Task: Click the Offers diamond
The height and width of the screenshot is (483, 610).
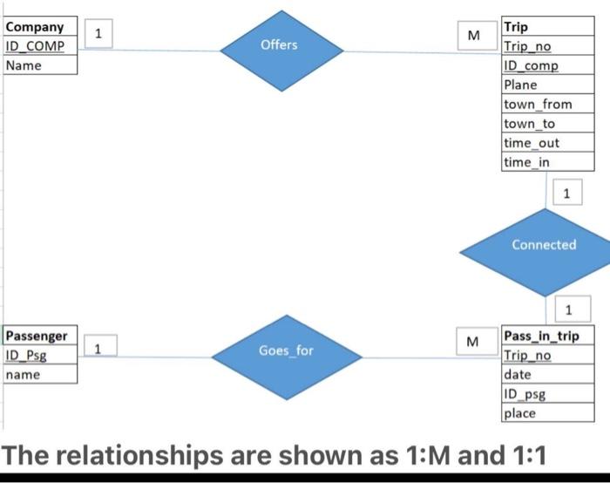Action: click(279, 44)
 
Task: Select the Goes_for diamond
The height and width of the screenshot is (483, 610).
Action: click(286, 350)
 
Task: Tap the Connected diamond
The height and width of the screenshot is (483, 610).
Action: click(544, 245)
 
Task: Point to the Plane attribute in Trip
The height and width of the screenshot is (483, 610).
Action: click(520, 85)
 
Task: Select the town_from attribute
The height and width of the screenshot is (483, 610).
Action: click(538, 105)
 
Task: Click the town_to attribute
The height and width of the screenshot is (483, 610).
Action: click(529, 124)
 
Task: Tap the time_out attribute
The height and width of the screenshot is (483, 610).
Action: click(532, 143)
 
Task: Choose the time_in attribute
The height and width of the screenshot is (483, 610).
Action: click(526, 162)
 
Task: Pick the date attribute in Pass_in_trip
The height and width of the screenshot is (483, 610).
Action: click(518, 375)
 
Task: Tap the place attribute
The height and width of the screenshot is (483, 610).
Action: click(520, 413)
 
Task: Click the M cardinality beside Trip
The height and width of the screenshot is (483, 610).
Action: click(473, 36)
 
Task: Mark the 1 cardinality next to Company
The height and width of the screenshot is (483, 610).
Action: click(99, 34)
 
